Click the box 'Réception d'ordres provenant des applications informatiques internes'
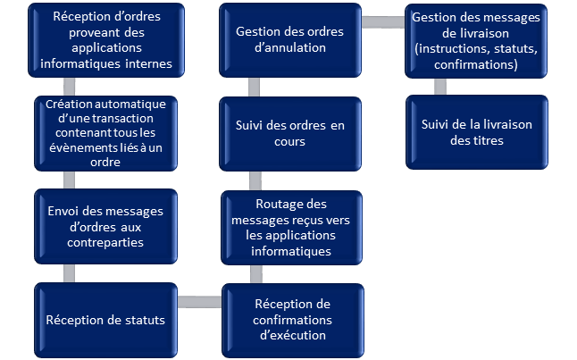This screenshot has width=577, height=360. point(106,40)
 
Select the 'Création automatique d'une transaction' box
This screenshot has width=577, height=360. point(106,133)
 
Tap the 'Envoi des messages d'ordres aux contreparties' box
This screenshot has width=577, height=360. point(106,226)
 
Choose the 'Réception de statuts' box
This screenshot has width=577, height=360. point(106,320)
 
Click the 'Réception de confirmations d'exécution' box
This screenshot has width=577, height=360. point(293,320)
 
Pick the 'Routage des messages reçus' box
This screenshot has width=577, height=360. point(291,228)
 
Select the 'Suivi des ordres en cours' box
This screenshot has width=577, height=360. point(290,134)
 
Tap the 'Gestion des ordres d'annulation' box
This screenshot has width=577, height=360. point(290,40)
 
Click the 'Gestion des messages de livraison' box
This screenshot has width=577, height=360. point(476,41)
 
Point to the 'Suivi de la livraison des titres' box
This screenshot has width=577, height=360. point(477,132)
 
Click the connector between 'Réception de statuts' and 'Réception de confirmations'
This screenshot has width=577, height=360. point(200,302)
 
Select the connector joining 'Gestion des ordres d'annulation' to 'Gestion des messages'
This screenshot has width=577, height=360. point(383,22)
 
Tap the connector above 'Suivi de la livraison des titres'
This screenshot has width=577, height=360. point(440,87)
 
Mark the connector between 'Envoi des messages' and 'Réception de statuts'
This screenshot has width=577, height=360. point(69,273)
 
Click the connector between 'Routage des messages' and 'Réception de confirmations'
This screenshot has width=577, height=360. point(256,274)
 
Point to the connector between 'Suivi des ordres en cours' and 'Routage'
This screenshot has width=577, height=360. point(255,180)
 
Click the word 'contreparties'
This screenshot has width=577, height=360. point(105,243)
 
